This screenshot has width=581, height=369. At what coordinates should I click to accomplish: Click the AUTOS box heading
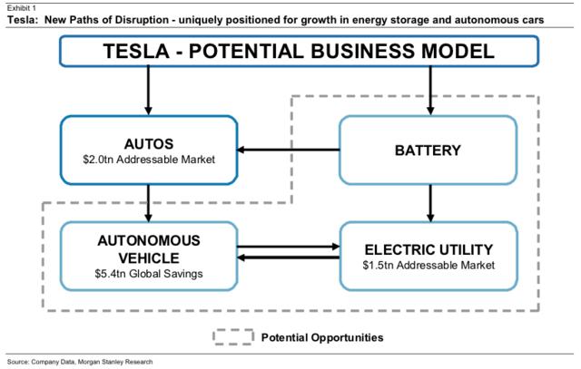pyautogui.click(x=149, y=144)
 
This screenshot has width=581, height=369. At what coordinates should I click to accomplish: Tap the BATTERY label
pyautogui.click(x=428, y=151)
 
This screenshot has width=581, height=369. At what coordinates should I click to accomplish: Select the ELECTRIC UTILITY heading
pyautogui.click(x=428, y=250)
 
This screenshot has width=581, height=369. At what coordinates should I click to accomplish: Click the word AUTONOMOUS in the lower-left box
pyautogui.click(x=149, y=241)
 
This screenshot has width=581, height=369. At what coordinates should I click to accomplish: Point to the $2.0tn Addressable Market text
pyautogui.click(x=149, y=160)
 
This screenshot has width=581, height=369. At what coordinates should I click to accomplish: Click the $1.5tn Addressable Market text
pyautogui.click(x=428, y=266)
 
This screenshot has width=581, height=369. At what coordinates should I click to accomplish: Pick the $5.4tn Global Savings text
pyautogui.click(x=149, y=274)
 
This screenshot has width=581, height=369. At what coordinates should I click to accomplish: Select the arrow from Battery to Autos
pyautogui.click(x=289, y=150)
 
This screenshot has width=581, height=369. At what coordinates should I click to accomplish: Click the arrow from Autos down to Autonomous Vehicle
pyautogui.click(x=149, y=203)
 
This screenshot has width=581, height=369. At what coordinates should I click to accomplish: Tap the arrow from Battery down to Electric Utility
pyautogui.click(x=430, y=203)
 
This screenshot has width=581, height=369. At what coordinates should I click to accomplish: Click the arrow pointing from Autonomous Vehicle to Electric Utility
pyautogui.click(x=289, y=247)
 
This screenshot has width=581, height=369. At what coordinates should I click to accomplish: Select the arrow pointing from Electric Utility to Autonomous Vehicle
pyautogui.click(x=289, y=257)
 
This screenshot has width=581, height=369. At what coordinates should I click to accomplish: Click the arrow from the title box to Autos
pyautogui.click(x=149, y=91)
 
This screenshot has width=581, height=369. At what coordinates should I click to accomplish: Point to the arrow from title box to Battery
pyautogui.click(x=430, y=91)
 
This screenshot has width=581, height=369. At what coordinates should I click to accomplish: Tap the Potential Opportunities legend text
pyautogui.click(x=322, y=337)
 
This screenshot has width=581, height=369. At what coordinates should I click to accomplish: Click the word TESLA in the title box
pyautogui.click(x=136, y=51)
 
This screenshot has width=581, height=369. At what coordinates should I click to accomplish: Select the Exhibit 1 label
pyautogui.click(x=22, y=8)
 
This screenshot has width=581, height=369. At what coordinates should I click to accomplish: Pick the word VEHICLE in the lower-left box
pyautogui.click(x=149, y=258)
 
